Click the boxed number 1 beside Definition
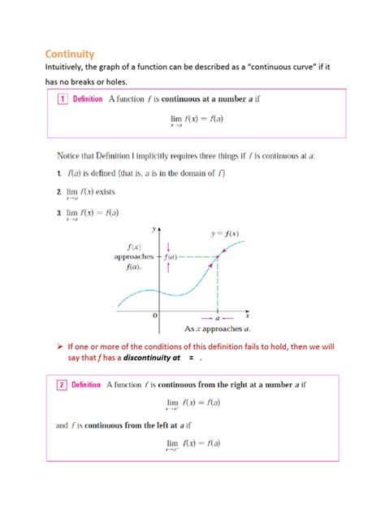[x=61, y=100]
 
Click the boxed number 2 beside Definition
[x=61, y=385]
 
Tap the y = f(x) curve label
[x=230, y=235]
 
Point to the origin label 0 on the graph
[x=154, y=314]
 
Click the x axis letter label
[x=247, y=315]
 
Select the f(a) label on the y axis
[x=174, y=258]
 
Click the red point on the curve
[x=218, y=258]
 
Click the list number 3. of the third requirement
[x=58, y=213]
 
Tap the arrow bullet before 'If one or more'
[x=59, y=346]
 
